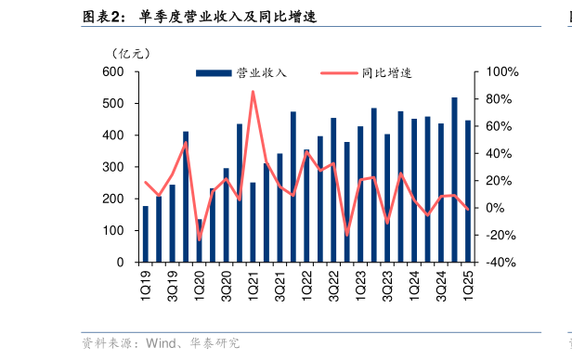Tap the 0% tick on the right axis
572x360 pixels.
click(491, 208)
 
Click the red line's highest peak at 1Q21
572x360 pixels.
click(253, 91)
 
